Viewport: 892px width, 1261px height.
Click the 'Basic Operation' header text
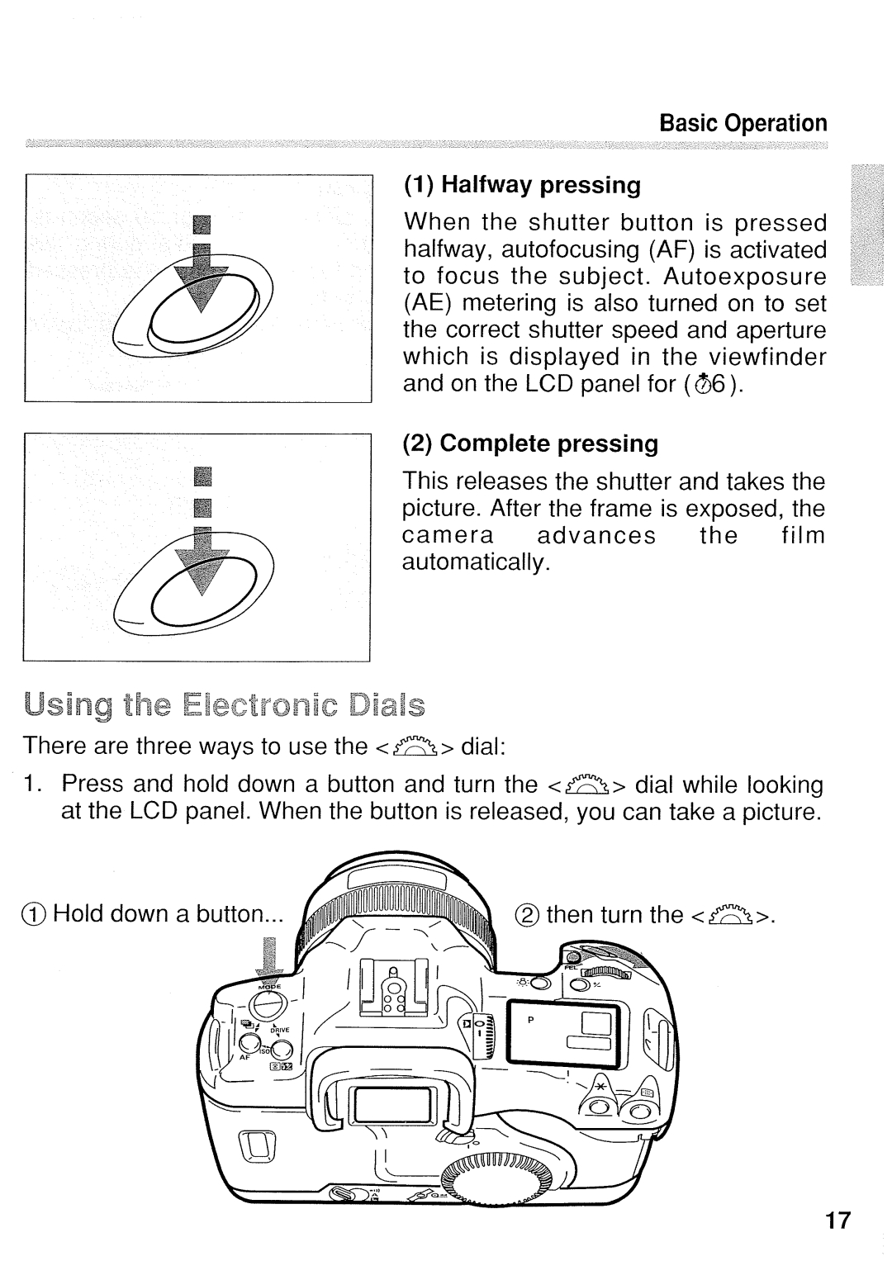pos(743,123)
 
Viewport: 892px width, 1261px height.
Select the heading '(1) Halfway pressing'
pos(522,184)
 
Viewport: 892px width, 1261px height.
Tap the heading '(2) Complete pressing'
pos(530,443)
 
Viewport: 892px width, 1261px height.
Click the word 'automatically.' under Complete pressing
pos(476,563)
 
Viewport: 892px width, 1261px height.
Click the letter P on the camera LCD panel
pos(532,1019)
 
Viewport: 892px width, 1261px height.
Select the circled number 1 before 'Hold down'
pos(32,915)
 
